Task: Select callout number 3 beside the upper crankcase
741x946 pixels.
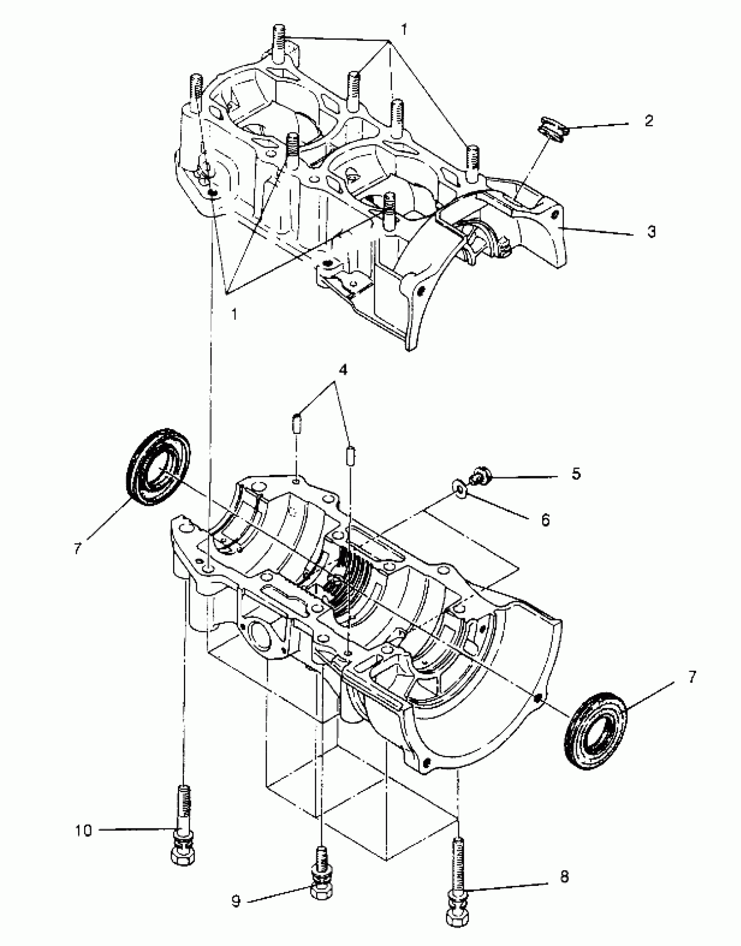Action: click(651, 232)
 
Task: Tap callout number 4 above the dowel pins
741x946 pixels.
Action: click(343, 370)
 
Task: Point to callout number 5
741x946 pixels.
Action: click(576, 474)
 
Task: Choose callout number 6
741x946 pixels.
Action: click(545, 520)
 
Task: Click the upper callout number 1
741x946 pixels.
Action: click(404, 30)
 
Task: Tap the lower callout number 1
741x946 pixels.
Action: click(235, 314)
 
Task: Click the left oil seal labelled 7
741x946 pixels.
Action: click(158, 467)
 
